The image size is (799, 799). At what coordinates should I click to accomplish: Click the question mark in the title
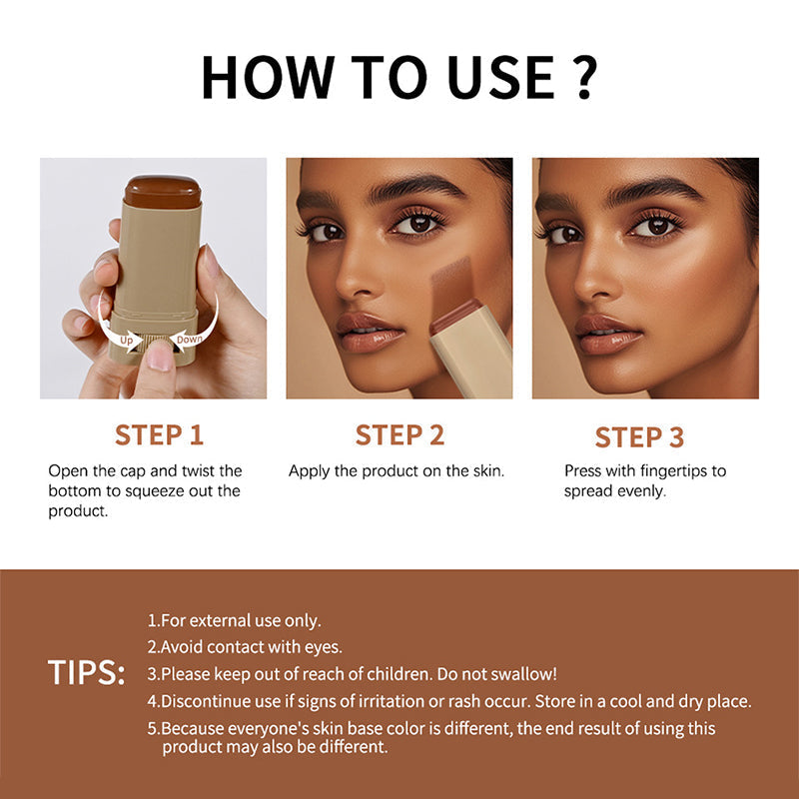[x=585, y=76]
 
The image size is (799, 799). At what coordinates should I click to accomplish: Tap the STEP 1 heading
[x=159, y=434]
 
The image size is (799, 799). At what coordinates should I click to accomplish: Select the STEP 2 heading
[x=399, y=434]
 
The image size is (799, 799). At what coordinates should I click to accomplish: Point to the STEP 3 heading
[x=639, y=436]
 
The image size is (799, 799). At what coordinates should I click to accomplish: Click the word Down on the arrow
[x=189, y=339]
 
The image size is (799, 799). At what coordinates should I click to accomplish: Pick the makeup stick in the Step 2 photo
[x=469, y=350]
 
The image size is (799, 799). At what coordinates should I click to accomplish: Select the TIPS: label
[x=87, y=673]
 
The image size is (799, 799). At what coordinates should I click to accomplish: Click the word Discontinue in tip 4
[x=208, y=701]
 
